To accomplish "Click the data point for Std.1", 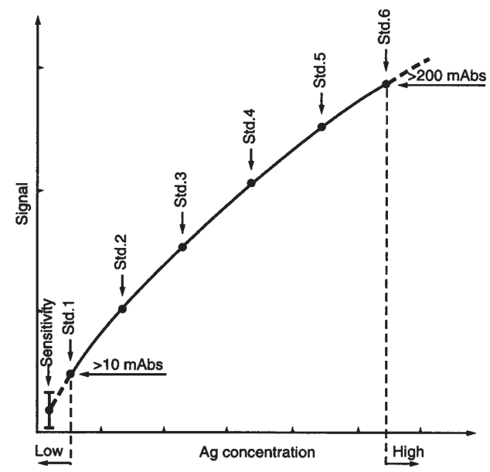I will (70, 374).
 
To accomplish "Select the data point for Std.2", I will (121, 309).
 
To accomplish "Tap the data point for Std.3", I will (182, 246).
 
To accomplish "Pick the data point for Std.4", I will (251, 183).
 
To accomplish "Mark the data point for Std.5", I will (322, 127).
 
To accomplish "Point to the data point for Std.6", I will (386, 84).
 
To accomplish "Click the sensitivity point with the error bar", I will (49, 409).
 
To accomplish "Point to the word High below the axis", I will (408, 450).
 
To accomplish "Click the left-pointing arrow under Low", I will (53, 462).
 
